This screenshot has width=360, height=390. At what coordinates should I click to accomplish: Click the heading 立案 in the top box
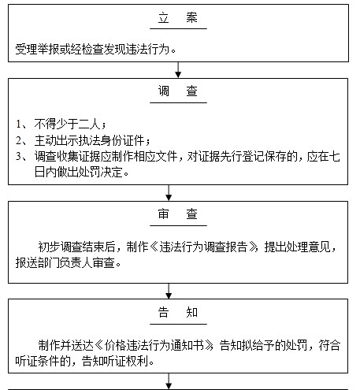point(178,18)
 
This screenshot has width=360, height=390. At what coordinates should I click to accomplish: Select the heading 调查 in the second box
point(178,91)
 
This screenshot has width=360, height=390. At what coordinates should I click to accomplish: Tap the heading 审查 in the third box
point(178,214)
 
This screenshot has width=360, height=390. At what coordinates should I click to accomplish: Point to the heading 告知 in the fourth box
point(178,312)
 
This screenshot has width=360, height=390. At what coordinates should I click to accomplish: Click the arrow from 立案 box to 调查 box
point(178,70)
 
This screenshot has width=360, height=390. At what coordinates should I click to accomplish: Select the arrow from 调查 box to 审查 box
point(169,193)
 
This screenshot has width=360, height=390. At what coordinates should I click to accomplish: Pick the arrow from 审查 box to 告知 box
point(169,291)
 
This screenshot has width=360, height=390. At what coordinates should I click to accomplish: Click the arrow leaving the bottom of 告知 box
point(169,381)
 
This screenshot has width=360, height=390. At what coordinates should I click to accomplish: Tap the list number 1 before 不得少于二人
point(18,124)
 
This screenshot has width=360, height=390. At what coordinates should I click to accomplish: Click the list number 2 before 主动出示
point(18,140)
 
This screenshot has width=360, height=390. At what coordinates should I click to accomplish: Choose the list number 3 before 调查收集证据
point(18,156)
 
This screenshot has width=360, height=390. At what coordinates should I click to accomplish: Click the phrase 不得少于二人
point(67,124)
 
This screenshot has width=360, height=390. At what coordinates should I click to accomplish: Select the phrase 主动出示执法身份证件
point(89,140)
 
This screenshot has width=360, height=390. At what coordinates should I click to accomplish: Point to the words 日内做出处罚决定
point(78,173)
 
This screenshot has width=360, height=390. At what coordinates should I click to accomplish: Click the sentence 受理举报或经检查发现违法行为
point(92,49)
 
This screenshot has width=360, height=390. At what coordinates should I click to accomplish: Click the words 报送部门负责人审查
point(65,262)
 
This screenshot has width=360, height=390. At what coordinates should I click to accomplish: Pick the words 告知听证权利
point(115,362)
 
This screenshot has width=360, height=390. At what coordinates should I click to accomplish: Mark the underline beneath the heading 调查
point(178,102)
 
